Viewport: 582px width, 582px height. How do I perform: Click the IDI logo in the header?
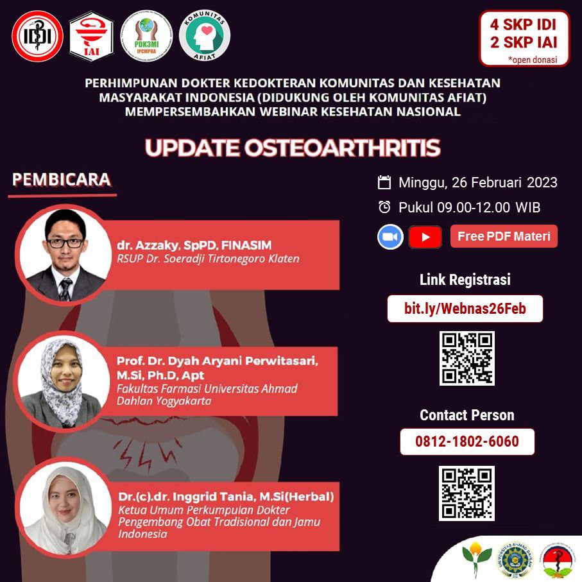click(x=37, y=36)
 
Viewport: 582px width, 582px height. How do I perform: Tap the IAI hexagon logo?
click(x=91, y=36)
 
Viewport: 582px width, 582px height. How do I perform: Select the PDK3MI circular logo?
click(x=146, y=36)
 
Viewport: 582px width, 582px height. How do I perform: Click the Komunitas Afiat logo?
click(x=205, y=35)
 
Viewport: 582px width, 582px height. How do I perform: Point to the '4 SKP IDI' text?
click(x=523, y=24)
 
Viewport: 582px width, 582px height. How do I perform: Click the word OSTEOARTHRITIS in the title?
click(x=342, y=148)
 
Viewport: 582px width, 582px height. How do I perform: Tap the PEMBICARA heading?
click(x=62, y=179)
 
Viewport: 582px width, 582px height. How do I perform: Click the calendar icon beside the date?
click(x=384, y=182)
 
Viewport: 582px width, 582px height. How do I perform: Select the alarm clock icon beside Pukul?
click(x=384, y=207)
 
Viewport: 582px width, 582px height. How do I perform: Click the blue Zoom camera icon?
click(x=391, y=236)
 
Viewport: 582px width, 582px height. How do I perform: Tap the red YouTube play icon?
click(x=425, y=237)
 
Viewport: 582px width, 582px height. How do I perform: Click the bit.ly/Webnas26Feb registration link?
click(x=465, y=309)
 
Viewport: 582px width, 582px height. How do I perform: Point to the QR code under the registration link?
click(x=467, y=358)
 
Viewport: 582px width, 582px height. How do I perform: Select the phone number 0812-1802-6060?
click(x=467, y=441)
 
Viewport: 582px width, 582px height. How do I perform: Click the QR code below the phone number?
click(x=466, y=493)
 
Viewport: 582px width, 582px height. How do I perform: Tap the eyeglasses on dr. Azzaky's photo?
click(x=65, y=243)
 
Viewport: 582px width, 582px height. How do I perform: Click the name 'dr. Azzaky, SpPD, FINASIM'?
click(x=194, y=245)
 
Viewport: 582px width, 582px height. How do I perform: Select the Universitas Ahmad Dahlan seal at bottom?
click(x=515, y=560)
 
